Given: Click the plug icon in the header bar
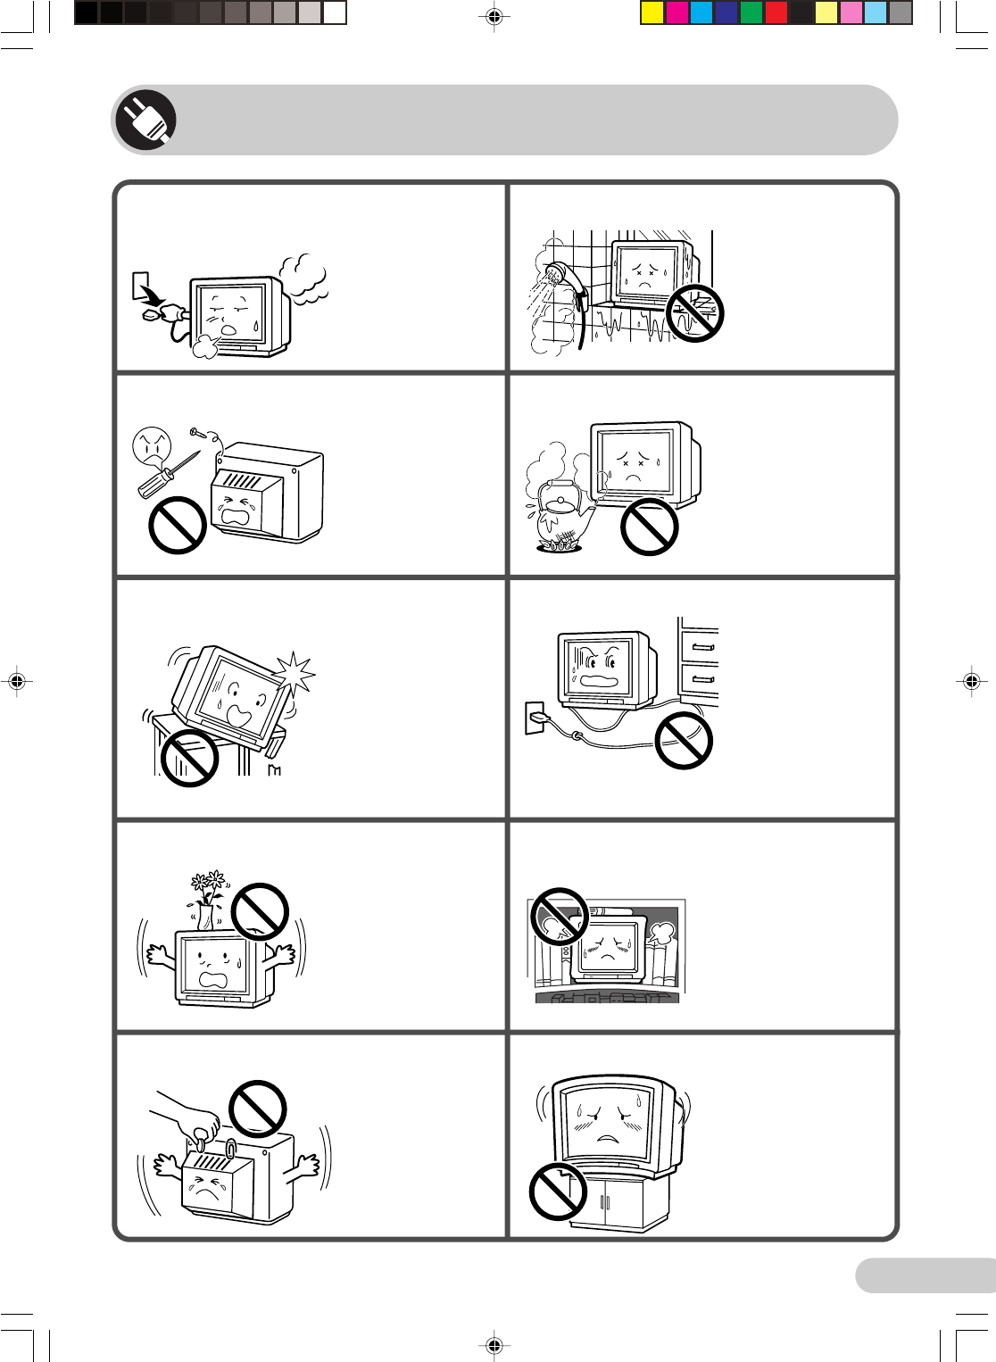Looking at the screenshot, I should [145, 120].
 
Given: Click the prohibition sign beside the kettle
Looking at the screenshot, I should [649, 527].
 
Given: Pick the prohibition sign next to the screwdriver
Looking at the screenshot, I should [178, 525].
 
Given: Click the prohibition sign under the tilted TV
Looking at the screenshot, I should [189, 758].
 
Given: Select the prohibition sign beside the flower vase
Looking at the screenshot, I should [259, 911].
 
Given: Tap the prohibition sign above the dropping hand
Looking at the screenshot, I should [258, 1109].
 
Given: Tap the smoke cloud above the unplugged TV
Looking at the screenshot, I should [303, 277].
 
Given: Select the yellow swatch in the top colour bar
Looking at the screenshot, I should [652, 12].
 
